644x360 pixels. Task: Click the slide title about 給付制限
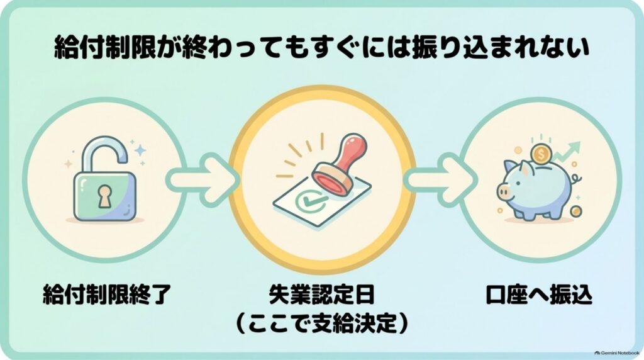322,48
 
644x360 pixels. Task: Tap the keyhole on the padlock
104,196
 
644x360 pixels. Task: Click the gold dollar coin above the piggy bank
541,155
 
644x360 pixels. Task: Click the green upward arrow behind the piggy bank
567,151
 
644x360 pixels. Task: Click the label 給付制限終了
106,295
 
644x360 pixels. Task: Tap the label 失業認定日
321,295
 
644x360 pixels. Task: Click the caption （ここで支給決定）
321,324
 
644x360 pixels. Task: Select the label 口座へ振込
539,295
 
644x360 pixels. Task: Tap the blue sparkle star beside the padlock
140,150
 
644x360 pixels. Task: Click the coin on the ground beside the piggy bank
576,211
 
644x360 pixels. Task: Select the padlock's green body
105,196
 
